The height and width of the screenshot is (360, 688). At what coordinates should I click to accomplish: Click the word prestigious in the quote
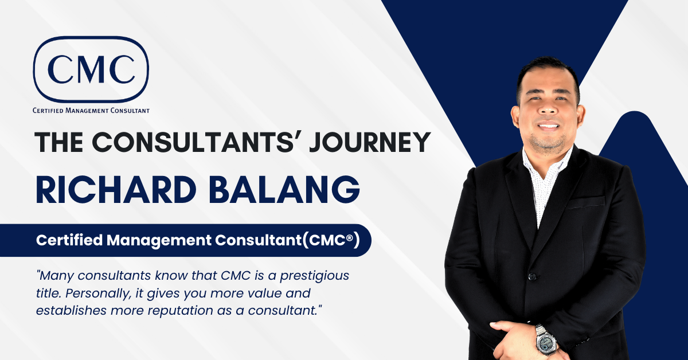[320, 276]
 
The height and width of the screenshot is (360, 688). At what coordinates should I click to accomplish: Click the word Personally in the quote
[95, 293]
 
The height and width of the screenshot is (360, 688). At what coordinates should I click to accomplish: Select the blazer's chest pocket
[585, 202]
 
